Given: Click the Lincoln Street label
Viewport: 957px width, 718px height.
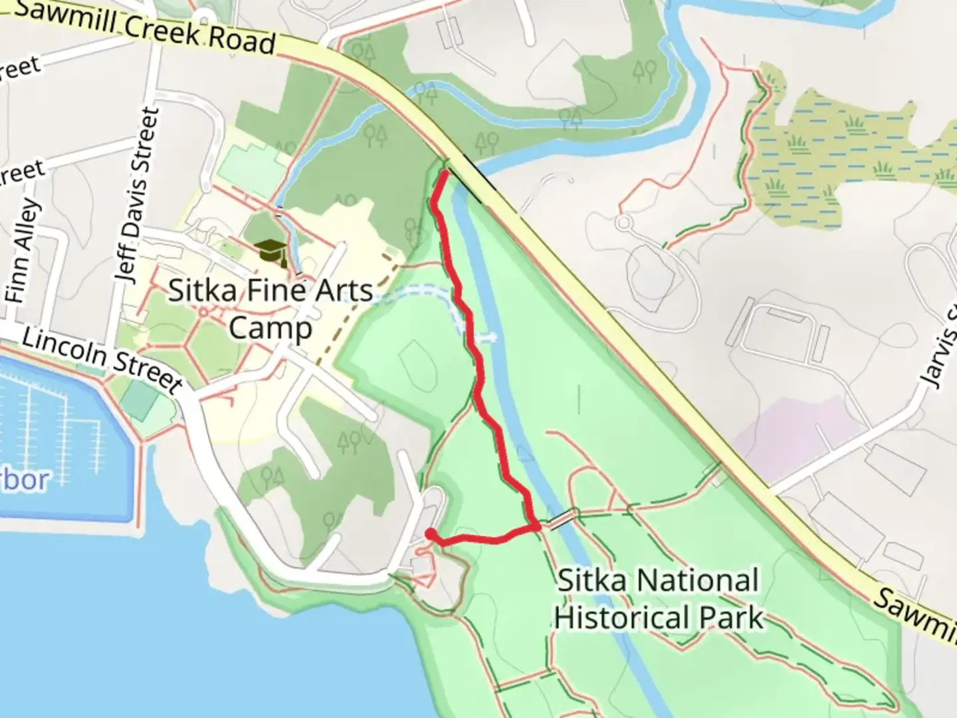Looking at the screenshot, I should tap(102, 360).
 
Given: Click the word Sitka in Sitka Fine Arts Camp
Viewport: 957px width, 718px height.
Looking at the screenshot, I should tap(202, 291).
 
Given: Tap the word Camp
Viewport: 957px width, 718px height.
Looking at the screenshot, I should tap(270, 328).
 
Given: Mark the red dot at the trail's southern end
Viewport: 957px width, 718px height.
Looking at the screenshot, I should tap(431, 534).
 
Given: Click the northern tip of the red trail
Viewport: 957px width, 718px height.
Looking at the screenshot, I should tap(443, 174).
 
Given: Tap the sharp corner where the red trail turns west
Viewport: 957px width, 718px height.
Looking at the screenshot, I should tap(536, 527).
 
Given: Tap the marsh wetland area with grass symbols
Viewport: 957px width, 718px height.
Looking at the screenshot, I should tap(844, 153).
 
